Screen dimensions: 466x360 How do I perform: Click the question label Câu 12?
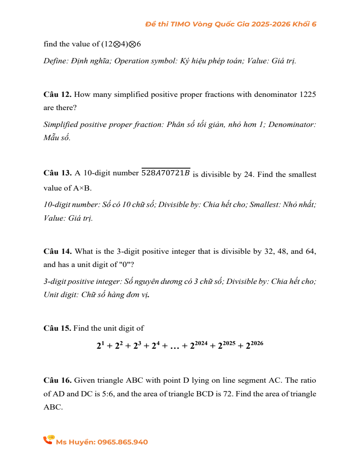coord(58,95)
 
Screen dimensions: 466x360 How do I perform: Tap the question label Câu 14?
coord(58,252)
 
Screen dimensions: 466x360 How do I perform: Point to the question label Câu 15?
coord(58,328)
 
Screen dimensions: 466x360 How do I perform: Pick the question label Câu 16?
coord(58,380)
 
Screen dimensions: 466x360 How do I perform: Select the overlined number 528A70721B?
coord(165,173)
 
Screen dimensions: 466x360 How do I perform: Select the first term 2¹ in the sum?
coord(100,345)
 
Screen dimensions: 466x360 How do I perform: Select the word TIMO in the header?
coord(180,24)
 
